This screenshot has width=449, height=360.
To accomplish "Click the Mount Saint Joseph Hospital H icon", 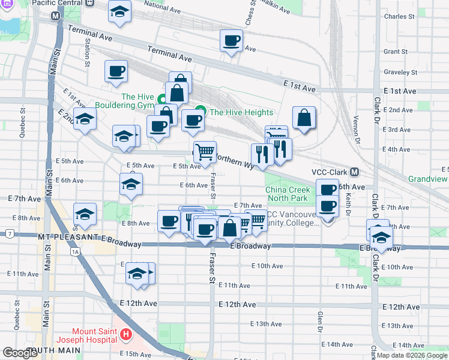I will (126, 334).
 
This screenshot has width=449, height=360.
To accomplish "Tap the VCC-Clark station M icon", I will (355, 172).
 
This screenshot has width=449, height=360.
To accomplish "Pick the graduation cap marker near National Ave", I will (120, 11).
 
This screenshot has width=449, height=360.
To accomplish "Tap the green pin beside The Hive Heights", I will (200, 112).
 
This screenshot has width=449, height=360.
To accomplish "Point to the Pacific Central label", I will (58, 3).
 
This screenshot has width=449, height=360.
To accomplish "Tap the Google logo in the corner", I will (20, 353).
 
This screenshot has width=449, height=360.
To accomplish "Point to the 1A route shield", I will (74, 252).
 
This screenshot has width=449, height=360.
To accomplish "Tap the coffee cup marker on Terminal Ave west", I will (116, 71).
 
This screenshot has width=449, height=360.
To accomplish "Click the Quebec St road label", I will (23, 122).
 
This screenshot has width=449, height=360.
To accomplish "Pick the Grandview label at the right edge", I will (428, 179).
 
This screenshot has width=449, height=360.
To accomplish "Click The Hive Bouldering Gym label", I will (137, 101).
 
